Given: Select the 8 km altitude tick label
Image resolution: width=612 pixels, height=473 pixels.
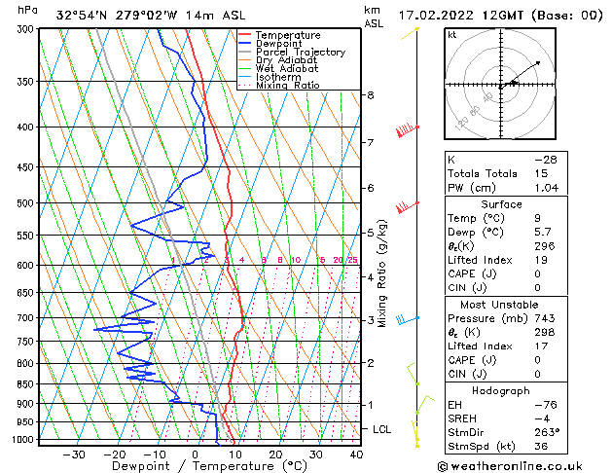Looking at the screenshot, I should (x=370, y=95).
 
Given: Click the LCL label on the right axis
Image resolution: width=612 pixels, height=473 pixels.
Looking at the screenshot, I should (x=382, y=429).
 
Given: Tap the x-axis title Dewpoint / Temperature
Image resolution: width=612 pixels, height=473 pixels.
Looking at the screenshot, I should (x=198, y=467).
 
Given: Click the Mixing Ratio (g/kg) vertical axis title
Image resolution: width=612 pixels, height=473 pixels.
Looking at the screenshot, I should (x=382, y=273).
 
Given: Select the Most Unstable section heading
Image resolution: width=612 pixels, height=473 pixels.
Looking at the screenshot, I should (x=502, y=305).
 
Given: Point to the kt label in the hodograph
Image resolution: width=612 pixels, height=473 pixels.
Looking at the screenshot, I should (x=451, y=34).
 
